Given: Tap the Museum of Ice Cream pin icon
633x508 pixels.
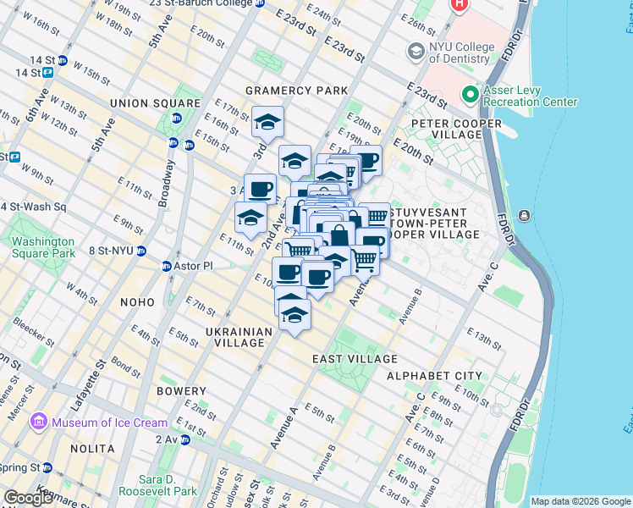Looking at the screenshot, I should tap(39, 422).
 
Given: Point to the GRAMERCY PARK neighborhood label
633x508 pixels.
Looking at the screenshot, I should tap(296, 91).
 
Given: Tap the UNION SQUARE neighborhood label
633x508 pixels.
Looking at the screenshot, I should tap(155, 103).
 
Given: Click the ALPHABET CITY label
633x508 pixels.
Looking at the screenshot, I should tap(434, 376).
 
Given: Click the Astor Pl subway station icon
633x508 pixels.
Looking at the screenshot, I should tap(167, 266).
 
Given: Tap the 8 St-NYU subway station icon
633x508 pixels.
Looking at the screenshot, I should tap(141, 251).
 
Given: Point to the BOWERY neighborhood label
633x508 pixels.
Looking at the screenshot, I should tap(181, 391).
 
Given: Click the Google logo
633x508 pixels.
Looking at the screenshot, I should tap(28, 498).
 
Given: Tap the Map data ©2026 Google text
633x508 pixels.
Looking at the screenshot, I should tap(580, 501).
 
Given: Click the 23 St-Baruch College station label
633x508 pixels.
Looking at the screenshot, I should tap(201, 3).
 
